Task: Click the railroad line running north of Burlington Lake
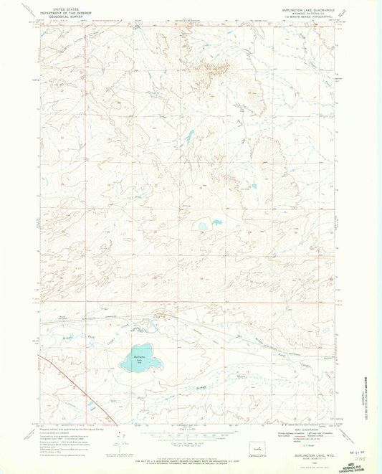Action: coord(179,316)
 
